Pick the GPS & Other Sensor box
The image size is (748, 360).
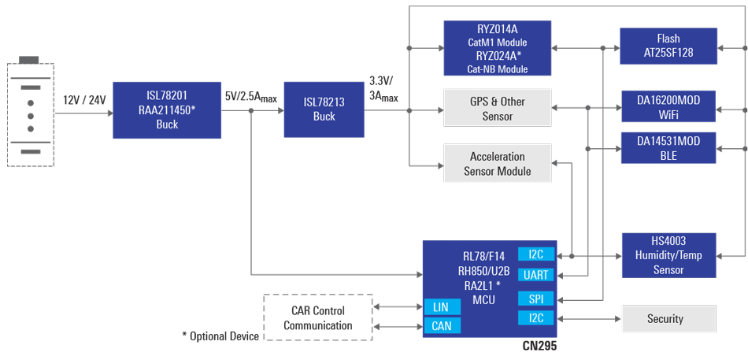pyautogui.click(x=496, y=109)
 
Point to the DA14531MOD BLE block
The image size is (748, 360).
pyautogui.click(x=668, y=148)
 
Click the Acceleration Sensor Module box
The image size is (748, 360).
pyautogui.click(x=496, y=164)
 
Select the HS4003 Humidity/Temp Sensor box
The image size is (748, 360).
pyautogui.click(x=668, y=255)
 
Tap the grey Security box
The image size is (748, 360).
pyautogui.click(x=669, y=319)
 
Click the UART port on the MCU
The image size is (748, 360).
pyautogui.click(x=535, y=275)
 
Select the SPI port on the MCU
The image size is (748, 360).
pyautogui.click(x=535, y=299)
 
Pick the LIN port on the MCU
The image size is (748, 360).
pyautogui.click(x=442, y=306)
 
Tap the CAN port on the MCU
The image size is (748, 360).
pyautogui.click(x=442, y=325)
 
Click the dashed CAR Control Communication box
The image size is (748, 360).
pyautogui.click(x=317, y=317)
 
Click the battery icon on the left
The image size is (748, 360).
pyautogui.click(x=30, y=111)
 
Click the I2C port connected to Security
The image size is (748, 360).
pyautogui.click(x=535, y=317)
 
